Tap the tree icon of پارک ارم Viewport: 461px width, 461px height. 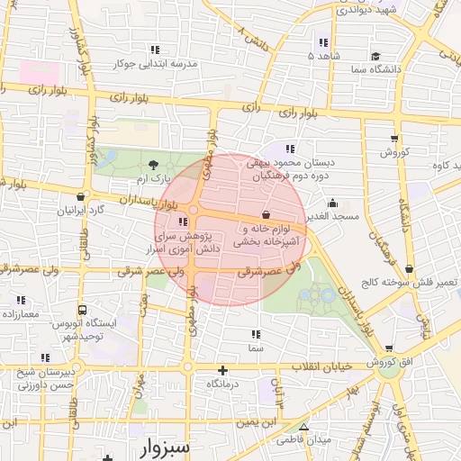tap(153, 164)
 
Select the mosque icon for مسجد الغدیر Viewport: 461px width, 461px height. tap(333, 203)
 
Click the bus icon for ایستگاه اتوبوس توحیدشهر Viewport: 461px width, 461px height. tap(82, 310)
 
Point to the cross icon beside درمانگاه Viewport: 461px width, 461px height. tap(223, 370)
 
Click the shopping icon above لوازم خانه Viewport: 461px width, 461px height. tap(266, 214)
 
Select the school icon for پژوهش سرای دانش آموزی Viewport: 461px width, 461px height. tap(184, 221)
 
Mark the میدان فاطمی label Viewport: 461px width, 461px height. tap(307, 438)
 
